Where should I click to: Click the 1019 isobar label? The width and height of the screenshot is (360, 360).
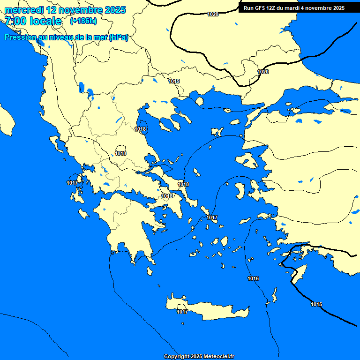174,81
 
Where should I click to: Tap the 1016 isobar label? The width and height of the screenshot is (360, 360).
253,279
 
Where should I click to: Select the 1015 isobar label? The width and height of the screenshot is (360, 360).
316,304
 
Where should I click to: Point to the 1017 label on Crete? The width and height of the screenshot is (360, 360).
182,312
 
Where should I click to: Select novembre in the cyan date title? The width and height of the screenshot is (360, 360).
81,10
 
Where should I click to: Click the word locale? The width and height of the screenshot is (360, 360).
45,21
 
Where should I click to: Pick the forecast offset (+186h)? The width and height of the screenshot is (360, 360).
83,21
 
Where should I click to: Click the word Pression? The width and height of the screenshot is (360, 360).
19,37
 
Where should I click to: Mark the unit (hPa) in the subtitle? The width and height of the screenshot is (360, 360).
119,37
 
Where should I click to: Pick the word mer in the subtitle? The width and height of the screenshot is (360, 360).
100,37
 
